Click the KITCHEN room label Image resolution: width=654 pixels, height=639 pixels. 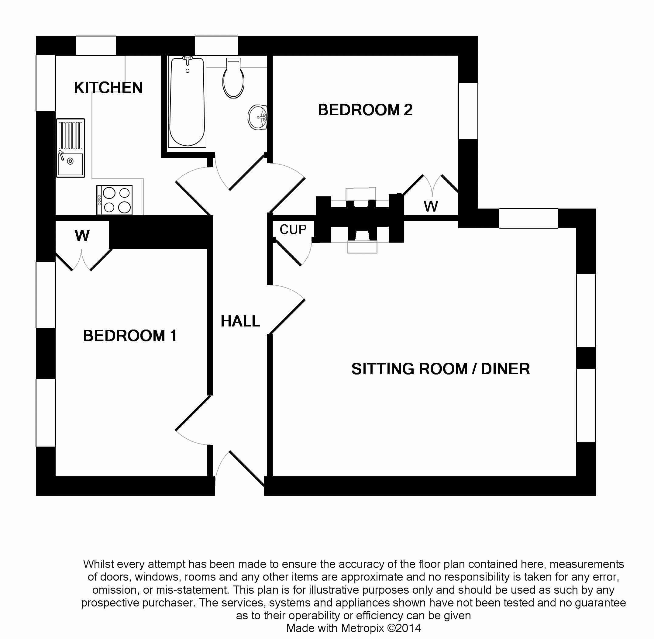108,88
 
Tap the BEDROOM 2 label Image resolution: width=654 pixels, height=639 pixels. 365,110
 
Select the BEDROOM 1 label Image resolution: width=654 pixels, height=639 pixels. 130,336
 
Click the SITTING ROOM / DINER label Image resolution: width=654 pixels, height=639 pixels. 440,369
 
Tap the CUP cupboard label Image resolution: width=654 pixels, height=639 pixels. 293,230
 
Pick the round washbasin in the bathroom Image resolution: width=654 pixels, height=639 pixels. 258,117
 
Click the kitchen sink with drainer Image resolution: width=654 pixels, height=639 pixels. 71,148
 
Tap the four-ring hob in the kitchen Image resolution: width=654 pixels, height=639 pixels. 115,200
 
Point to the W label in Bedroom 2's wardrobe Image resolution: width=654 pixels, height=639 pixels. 431,206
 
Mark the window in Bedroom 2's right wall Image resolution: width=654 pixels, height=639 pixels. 468,111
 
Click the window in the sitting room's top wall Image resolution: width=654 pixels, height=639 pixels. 528,218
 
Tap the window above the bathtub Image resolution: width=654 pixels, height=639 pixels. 216,46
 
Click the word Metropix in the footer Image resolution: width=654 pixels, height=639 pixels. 362,628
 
